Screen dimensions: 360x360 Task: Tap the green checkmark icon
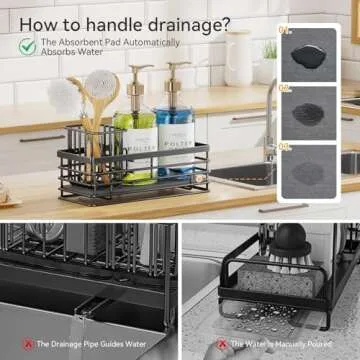pyautogui.click(x=27, y=46)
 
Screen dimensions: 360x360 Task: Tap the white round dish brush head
pyautogui.click(x=67, y=98)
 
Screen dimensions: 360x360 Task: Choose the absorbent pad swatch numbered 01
pyautogui.click(x=308, y=54)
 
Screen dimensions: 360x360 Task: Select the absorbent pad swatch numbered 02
pyautogui.click(x=308, y=110)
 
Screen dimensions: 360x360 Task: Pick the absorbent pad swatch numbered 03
pyautogui.click(x=308, y=168)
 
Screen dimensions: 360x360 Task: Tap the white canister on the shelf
pyautogui.click(x=238, y=61)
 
